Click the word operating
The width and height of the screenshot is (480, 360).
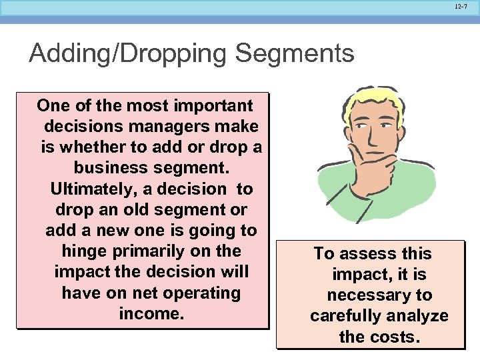coord(203,293)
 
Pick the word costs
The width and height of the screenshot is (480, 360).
coord(393,337)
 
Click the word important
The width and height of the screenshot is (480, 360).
coord(213,105)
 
